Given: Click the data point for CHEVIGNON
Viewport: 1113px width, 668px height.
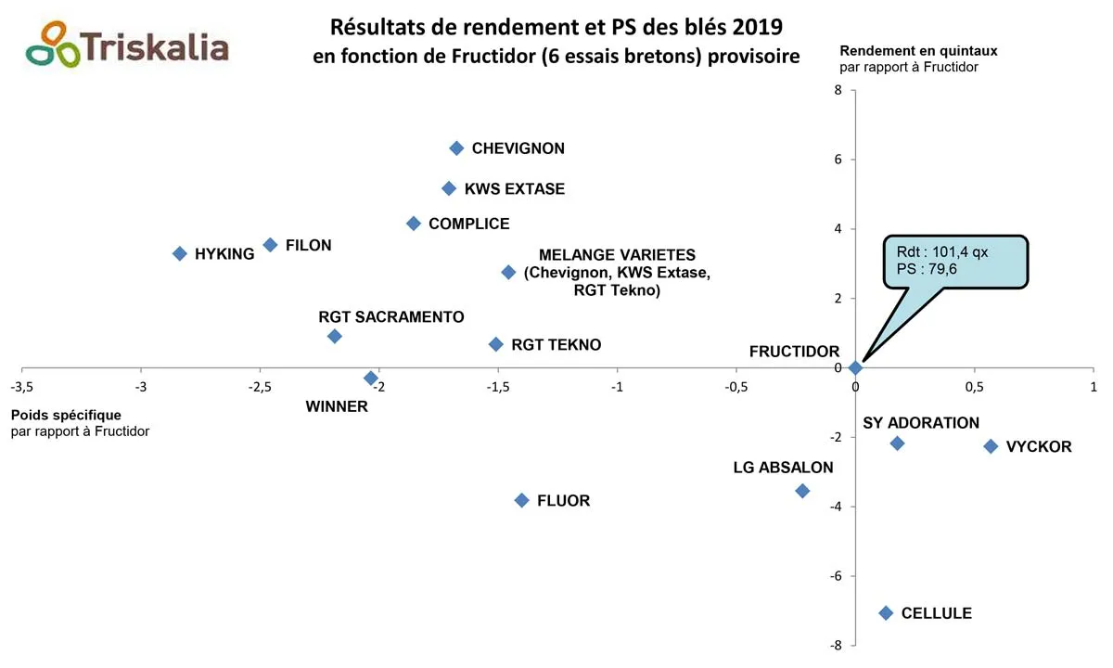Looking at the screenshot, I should [x=456, y=148].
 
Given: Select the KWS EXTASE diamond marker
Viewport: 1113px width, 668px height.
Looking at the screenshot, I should [x=449, y=188].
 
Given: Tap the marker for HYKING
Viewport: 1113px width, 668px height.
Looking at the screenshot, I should [x=180, y=253].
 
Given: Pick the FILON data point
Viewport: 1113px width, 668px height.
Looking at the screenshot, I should [x=270, y=245].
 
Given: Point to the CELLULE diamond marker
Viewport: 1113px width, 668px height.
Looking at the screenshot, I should [x=886, y=612].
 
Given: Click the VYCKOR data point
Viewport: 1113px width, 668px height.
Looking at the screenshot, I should [x=991, y=446].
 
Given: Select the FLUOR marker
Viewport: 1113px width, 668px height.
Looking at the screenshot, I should [x=521, y=500].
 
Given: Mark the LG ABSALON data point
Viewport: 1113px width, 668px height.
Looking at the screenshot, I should [x=802, y=491].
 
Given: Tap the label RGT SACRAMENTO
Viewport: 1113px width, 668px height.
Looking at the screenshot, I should [x=390, y=317].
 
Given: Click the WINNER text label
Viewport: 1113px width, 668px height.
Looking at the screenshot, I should [x=337, y=406].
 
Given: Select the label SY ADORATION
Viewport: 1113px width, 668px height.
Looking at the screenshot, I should [x=921, y=423].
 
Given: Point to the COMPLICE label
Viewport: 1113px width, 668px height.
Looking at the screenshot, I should [x=469, y=224].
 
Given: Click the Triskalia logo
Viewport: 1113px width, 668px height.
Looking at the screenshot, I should [x=128, y=45].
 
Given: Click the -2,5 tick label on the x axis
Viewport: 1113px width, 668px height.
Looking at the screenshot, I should [x=259, y=386].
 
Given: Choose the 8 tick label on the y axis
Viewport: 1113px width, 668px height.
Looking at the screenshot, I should [x=838, y=90].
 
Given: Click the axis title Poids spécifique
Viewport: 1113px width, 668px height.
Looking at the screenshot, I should [x=66, y=415].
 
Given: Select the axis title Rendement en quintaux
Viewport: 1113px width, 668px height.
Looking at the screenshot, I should [x=918, y=51].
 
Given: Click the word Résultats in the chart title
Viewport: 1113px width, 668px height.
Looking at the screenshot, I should [x=380, y=24].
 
